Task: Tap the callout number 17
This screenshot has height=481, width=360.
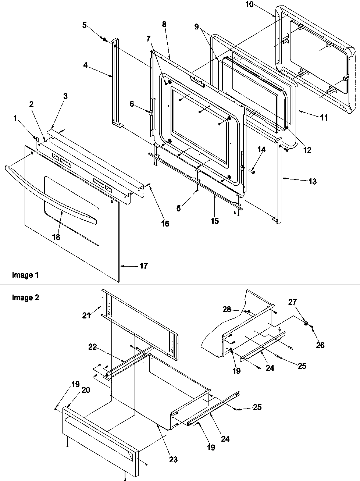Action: point(144,266)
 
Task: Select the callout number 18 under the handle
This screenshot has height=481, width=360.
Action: point(56,237)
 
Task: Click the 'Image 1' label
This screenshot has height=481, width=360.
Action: point(25,275)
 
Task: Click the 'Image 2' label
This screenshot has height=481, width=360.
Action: point(25,297)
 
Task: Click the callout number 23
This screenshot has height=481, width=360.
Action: point(173,459)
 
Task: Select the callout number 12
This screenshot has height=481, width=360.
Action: point(307,150)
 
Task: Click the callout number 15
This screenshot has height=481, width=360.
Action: point(214,221)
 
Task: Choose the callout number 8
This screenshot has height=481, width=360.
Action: point(164,24)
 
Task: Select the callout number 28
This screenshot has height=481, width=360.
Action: point(227,310)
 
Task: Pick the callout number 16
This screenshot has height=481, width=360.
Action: point(165,223)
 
